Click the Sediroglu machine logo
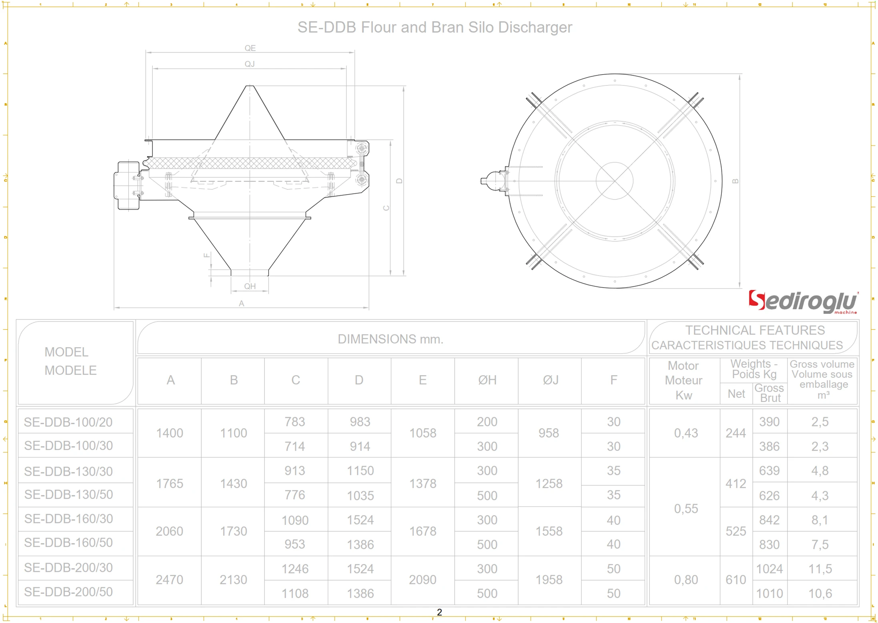click(802, 302)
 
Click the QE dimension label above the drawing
click(250, 48)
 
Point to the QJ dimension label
click(250, 64)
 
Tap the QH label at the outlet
click(250, 286)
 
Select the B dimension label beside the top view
click(735, 181)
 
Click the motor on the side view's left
click(127, 185)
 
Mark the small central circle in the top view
click(614, 181)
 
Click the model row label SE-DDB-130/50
click(68, 494)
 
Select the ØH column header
click(487, 380)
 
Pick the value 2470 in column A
click(169, 579)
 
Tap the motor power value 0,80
click(686, 579)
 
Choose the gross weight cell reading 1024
click(769, 569)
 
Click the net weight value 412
click(736, 484)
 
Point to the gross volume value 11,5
click(820, 569)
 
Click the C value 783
click(295, 422)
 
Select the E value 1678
click(423, 531)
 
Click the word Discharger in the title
click(535, 27)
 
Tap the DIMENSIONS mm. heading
click(390, 339)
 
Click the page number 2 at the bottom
click(439, 612)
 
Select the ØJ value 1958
click(549, 579)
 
